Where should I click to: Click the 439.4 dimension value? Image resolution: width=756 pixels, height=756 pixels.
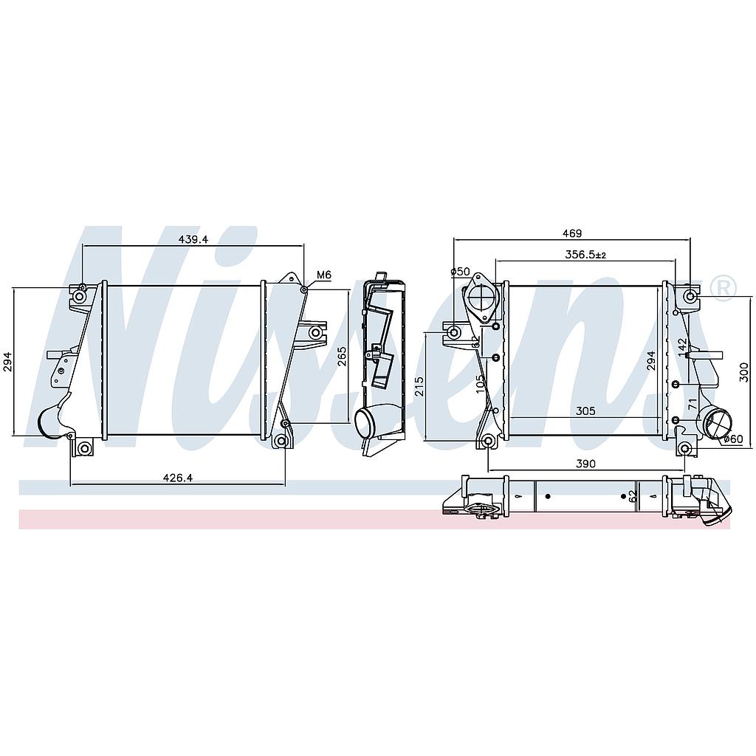pyautogui.click(x=193, y=239)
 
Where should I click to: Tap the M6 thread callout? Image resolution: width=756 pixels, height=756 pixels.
pyautogui.click(x=323, y=275)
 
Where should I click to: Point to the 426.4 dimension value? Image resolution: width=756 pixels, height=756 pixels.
pyautogui.click(x=177, y=478)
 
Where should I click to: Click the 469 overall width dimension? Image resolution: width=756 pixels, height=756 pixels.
pyautogui.click(x=571, y=233)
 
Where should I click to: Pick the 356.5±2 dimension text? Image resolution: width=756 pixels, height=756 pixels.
pyautogui.click(x=584, y=255)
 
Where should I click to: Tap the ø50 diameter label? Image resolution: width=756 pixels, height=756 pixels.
pyautogui.click(x=461, y=272)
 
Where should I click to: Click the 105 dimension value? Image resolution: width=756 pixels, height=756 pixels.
pyautogui.click(x=481, y=383)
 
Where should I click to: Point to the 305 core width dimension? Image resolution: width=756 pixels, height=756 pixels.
pyautogui.click(x=585, y=410)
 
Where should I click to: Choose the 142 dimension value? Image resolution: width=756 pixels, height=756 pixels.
pyautogui.click(x=682, y=346)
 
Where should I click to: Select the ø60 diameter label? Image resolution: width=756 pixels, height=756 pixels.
pyautogui.click(x=733, y=439)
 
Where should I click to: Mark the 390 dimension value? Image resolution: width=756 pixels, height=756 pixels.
pyautogui.click(x=585, y=463)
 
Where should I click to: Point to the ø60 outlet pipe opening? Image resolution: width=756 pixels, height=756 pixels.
pyautogui.click(x=718, y=426)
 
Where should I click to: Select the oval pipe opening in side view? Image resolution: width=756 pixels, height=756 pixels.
pyautogui.click(x=368, y=422)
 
